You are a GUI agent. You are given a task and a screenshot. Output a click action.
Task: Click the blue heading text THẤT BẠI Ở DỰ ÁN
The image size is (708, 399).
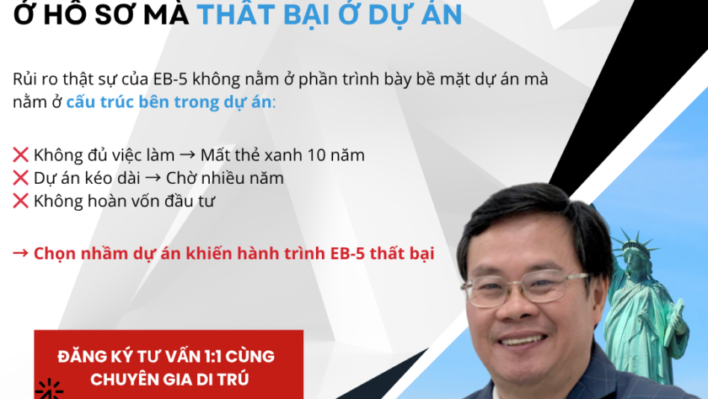point(330,13)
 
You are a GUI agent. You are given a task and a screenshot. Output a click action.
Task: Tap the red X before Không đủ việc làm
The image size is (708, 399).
point(21,155)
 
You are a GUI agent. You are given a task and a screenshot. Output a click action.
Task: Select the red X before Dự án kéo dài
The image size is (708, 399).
point(21,178)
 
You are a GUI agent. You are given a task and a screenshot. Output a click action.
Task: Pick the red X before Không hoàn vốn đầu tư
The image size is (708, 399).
point(21,201)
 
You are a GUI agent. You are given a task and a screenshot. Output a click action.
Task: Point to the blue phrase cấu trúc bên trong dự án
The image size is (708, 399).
point(169,102)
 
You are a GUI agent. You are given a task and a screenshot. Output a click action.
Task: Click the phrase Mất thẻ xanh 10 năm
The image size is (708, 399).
point(282,155)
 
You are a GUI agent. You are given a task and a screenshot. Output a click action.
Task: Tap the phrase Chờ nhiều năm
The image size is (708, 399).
point(225,178)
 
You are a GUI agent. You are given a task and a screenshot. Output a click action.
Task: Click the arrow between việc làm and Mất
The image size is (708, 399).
point(187,155)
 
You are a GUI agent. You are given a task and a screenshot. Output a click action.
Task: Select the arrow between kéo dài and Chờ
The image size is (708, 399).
point(153,178)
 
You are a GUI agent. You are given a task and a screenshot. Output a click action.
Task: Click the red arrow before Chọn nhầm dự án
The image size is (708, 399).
point(21,253)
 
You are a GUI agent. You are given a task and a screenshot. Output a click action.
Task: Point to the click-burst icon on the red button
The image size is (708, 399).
point(49,390)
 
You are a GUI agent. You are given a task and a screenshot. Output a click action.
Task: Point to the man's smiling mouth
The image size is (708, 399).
point(522,339)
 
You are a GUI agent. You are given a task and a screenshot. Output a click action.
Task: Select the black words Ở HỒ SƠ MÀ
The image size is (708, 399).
point(101,13)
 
